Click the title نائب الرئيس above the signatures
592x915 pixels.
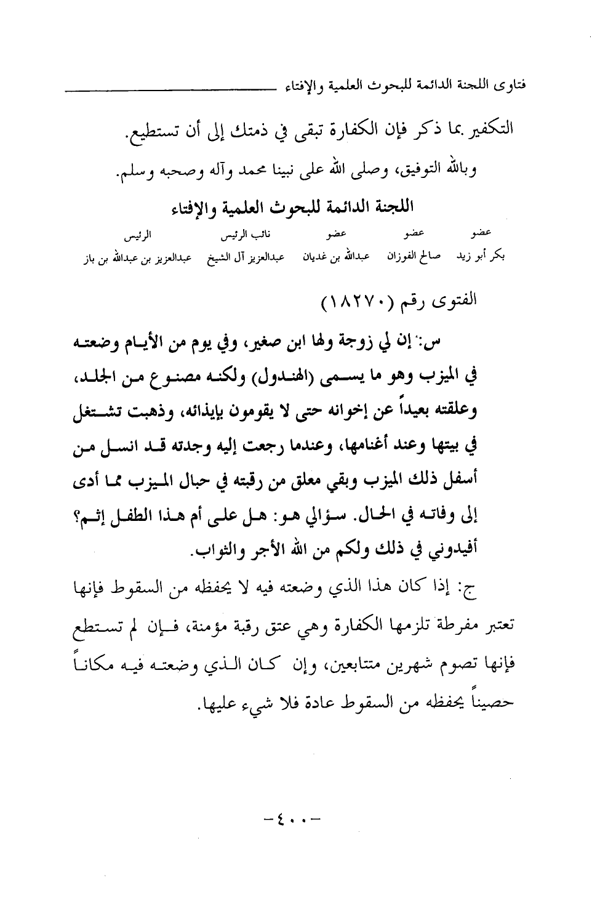pos(220,237)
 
